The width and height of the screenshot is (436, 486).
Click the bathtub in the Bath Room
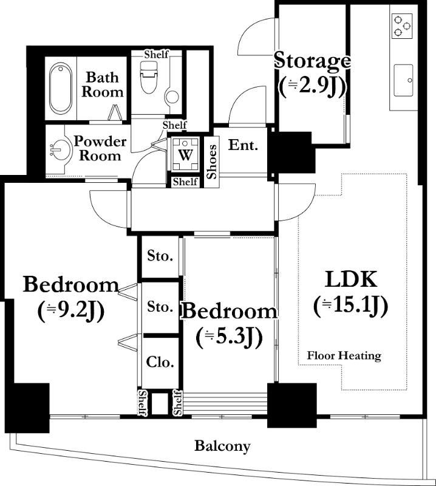pyautogui.click(x=61, y=88)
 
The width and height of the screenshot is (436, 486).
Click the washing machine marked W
pyautogui.click(x=185, y=154)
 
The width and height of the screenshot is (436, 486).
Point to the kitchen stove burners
pyautogui.click(x=402, y=26)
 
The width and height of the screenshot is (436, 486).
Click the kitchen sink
pyautogui.click(x=403, y=81)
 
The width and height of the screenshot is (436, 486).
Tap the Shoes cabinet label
pyautogui.click(x=212, y=162)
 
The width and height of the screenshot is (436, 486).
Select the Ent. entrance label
pyautogui.click(x=244, y=145)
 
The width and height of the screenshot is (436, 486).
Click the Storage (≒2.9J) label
pyautogui.click(x=312, y=74)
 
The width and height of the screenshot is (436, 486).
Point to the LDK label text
pyautogui.click(x=351, y=279)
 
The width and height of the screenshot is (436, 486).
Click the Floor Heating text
pyautogui.click(x=344, y=355)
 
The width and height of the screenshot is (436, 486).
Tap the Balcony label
pyautogui.click(x=222, y=447)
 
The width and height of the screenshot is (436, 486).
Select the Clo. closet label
pyautogui.click(x=160, y=361)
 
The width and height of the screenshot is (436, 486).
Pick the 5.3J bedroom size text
pyautogui.click(x=230, y=337)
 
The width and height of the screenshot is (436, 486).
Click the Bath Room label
pyautogui.click(x=102, y=84)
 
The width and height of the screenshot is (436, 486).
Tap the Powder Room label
pyautogui.click(x=100, y=148)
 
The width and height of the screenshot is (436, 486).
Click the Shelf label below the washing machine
pyautogui.click(x=185, y=182)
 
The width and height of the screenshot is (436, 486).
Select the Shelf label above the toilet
pyautogui.click(x=157, y=55)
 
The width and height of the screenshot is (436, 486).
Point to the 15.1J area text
pyautogui.click(x=351, y=306)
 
